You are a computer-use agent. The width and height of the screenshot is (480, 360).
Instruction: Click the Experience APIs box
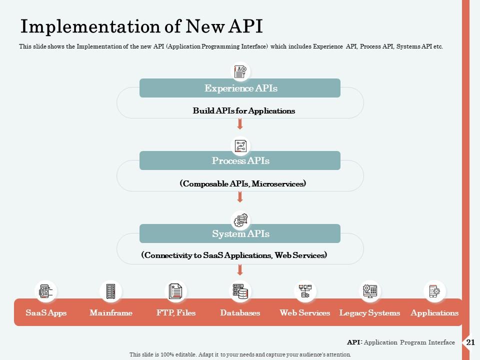[240, 88]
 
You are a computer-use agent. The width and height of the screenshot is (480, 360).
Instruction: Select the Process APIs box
[240, 161]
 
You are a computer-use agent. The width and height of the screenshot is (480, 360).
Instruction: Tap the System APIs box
[240, 233]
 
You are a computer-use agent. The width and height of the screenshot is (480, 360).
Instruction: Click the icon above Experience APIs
[240, 71]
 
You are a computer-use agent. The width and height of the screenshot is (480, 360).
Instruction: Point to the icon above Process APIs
[240, 145]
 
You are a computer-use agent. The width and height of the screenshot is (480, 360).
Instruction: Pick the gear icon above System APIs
[240, 219]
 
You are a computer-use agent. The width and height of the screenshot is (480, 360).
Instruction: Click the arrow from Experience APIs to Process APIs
[240, 124]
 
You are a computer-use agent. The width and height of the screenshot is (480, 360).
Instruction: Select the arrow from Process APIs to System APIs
[240, 197]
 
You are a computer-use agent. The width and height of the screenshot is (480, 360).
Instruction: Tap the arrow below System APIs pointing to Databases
[240, 270]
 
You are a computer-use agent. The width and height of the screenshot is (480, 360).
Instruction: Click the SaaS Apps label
[46, 313]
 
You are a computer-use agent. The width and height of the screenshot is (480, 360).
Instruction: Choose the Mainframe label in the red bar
[111, 313]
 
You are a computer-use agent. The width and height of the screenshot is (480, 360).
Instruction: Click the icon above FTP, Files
[175, 291]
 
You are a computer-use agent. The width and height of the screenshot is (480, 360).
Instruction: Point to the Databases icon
[240, 291]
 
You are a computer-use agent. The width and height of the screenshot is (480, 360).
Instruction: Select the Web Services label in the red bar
[304, 313]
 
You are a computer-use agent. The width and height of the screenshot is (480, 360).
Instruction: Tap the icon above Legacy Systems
[370, 291]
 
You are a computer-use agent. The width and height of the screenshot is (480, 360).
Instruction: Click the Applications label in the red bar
[434, 313]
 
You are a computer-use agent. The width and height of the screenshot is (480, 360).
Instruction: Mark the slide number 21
[470, 342]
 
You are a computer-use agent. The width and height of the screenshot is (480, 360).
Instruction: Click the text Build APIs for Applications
[244, 111]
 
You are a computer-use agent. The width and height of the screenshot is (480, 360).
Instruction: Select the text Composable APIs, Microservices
[242, 184]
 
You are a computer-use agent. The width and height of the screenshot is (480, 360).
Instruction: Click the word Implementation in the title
[88, 26]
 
